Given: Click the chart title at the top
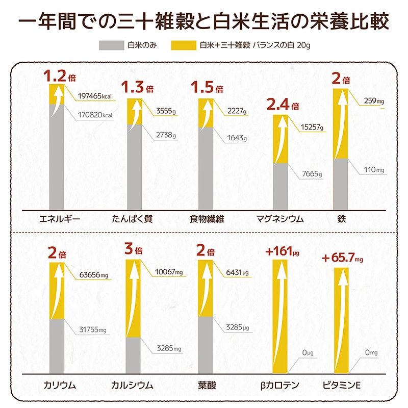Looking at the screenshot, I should [204, 23].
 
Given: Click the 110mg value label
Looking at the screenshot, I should [373, 169].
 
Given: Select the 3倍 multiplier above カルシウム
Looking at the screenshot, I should [134, 250].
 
